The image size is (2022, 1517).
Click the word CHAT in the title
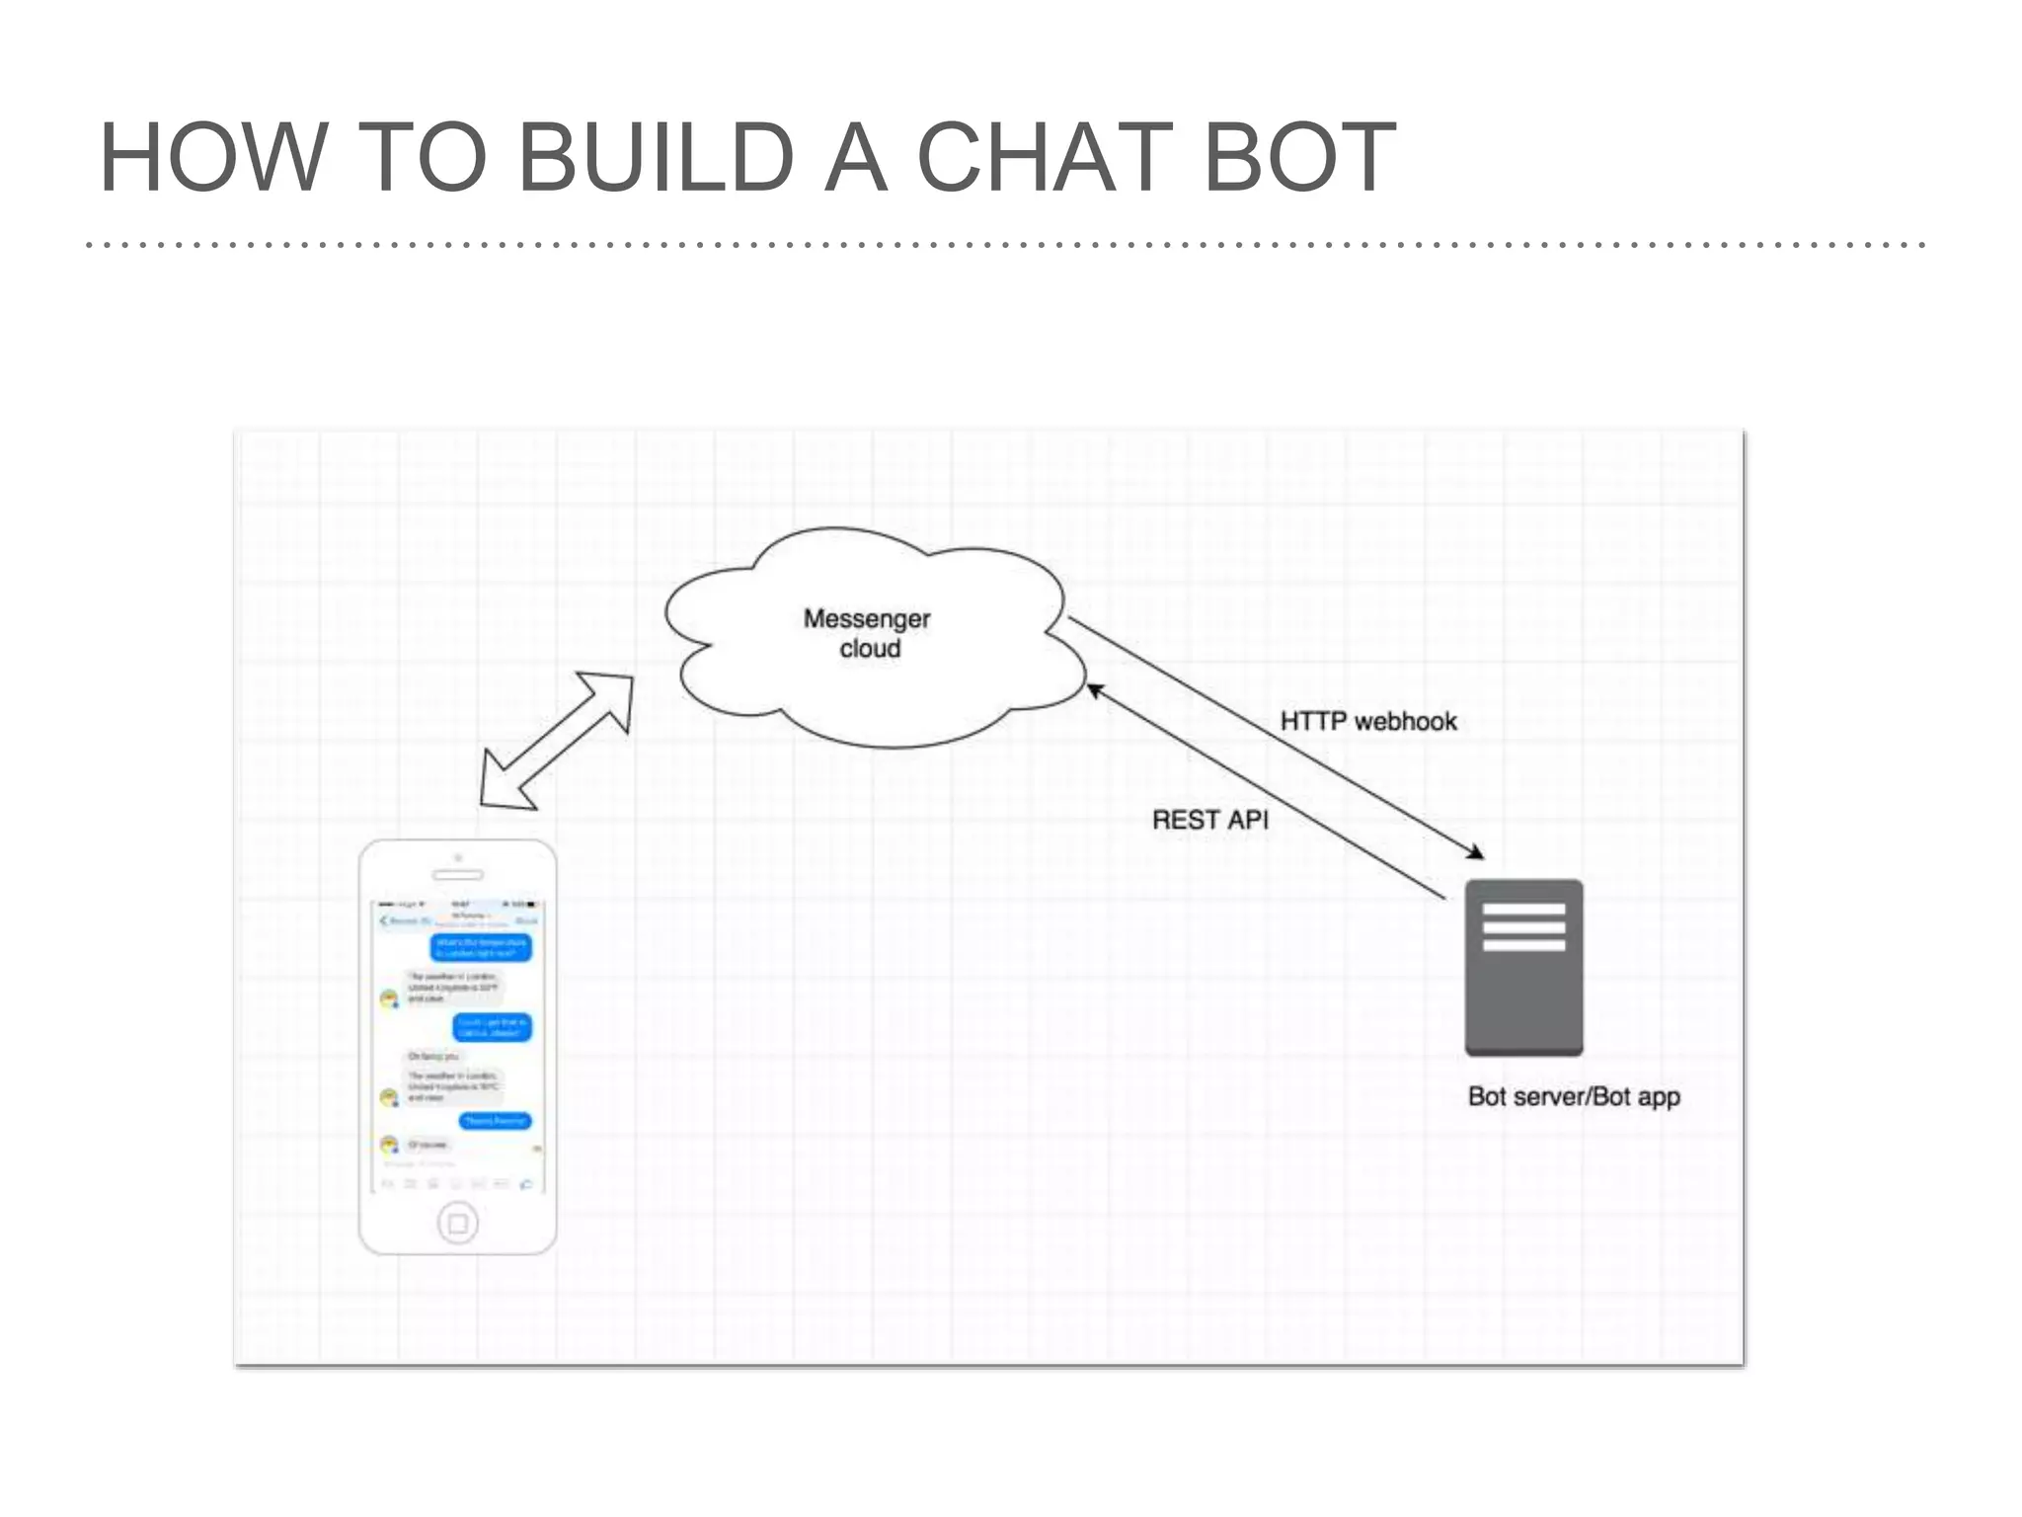(x=1045, y=158)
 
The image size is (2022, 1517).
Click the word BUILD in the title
(x=656, y=158)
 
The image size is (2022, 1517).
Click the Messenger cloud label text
(x=868, y=633)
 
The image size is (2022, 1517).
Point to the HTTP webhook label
(x=1367, y=721)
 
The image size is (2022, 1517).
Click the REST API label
(x=1209, y=820)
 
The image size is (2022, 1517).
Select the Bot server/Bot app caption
(x=1574, y=1096)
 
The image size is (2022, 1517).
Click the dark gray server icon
(x=1523, y=998)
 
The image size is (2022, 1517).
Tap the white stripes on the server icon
(x=1523, y=926)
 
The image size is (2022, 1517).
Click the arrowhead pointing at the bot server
(x=1475, y=852)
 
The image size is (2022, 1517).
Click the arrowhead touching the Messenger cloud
(x=1094, y=689)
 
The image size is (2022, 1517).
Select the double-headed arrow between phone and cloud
(x=556, y=741)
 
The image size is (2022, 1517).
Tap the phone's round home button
(x=457, y=1224)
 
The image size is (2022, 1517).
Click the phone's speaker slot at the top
(x=458, y=875)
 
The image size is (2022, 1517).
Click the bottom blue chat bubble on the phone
(x=496, y=1121)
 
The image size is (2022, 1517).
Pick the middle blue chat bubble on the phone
(x=492, y=1027)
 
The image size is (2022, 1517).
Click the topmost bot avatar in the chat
(x=389, y=998)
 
